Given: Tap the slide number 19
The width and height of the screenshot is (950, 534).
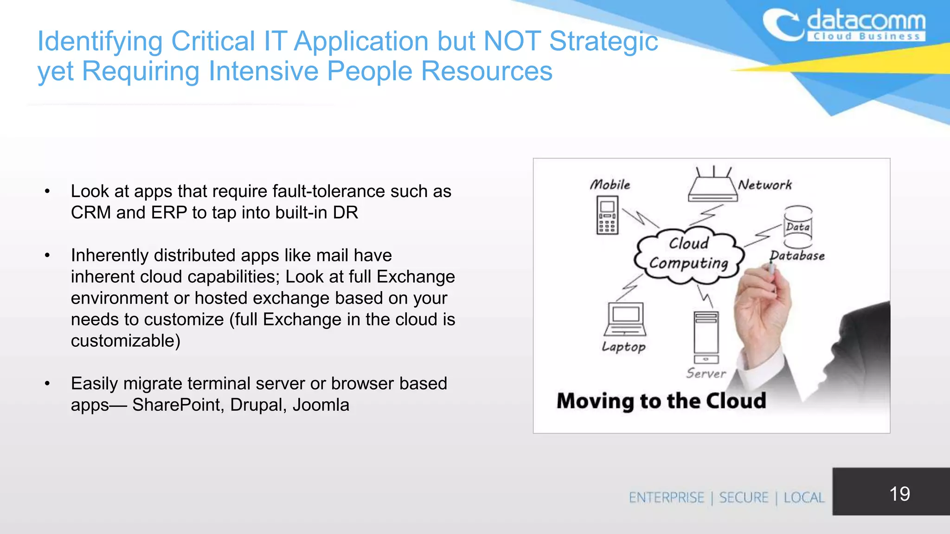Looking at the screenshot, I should tap(899, 494).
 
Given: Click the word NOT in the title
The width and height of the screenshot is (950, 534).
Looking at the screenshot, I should tap(512, 41).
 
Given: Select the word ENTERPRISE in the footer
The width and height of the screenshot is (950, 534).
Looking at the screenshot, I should tap(667, 498).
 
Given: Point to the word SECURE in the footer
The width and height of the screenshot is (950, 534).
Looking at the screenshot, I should tap(744, 498).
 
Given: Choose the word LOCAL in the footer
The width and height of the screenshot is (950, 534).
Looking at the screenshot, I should tap(804, 498).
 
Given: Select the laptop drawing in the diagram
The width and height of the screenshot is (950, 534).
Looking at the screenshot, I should tap(625, 319).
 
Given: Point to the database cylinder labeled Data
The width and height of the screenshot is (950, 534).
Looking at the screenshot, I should tap(798, 227).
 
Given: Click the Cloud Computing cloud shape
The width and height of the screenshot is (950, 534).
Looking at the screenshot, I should tap(689, 254).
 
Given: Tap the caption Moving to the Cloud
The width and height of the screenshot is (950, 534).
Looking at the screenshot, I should tap(661, 401).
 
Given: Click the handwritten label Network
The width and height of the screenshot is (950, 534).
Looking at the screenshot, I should tap(765, 185).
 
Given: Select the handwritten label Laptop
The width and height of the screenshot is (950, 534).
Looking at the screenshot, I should tap(623, 347).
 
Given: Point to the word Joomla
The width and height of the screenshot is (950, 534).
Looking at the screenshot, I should tap(321, 405).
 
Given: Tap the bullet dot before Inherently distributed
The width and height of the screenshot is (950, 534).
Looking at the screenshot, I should tap(47, 255).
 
